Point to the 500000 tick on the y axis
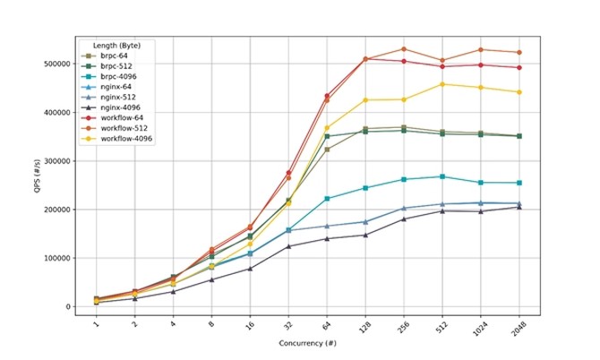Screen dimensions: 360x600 pyautogui.click(x=56, y=64)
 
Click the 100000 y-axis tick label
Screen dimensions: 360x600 pyautogui.click(x=56, y=258)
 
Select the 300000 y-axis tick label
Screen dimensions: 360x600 pyautogui.click(x=56, y=161)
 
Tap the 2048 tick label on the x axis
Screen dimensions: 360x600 pyautogui.click(x=519, y=330)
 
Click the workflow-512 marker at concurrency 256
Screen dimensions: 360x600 pyautogui.click(x=404, y=49)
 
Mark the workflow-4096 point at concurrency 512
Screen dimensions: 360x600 pyautogui.click(x=442, y=84)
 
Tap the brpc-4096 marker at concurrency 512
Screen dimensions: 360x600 pyautogui.click(x=442, y=176)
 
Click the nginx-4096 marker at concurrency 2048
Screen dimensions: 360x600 pyautogui.click(x=519, y=207)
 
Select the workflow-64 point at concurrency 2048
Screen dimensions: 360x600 pyautogui.click(x=519, y=68)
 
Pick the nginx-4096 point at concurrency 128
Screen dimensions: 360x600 pyautogui.click(x=365, y=235)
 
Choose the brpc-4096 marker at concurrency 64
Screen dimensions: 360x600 pyautogui.click(x=327, y=199)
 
